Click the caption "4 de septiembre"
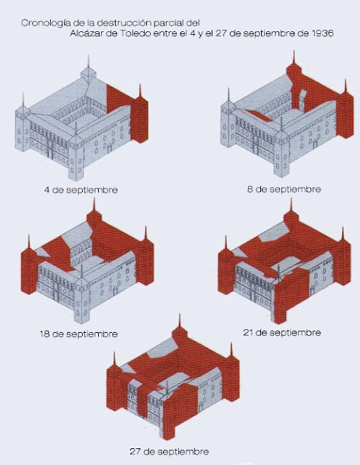(x=81, y=190)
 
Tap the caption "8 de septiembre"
(x=284, y=189)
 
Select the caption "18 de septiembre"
(x=79, y=334)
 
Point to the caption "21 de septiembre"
(x=282, y=333)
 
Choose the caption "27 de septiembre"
(x=169, y=452)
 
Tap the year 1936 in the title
(x=323, y=33)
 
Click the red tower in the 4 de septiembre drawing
(x=140, y=116)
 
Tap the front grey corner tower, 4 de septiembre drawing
(x=76, y=154)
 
